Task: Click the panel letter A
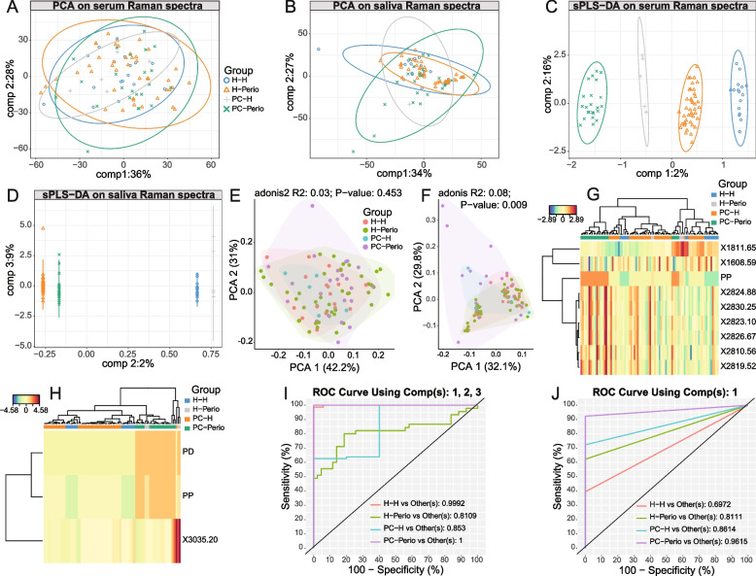coord(8,8)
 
